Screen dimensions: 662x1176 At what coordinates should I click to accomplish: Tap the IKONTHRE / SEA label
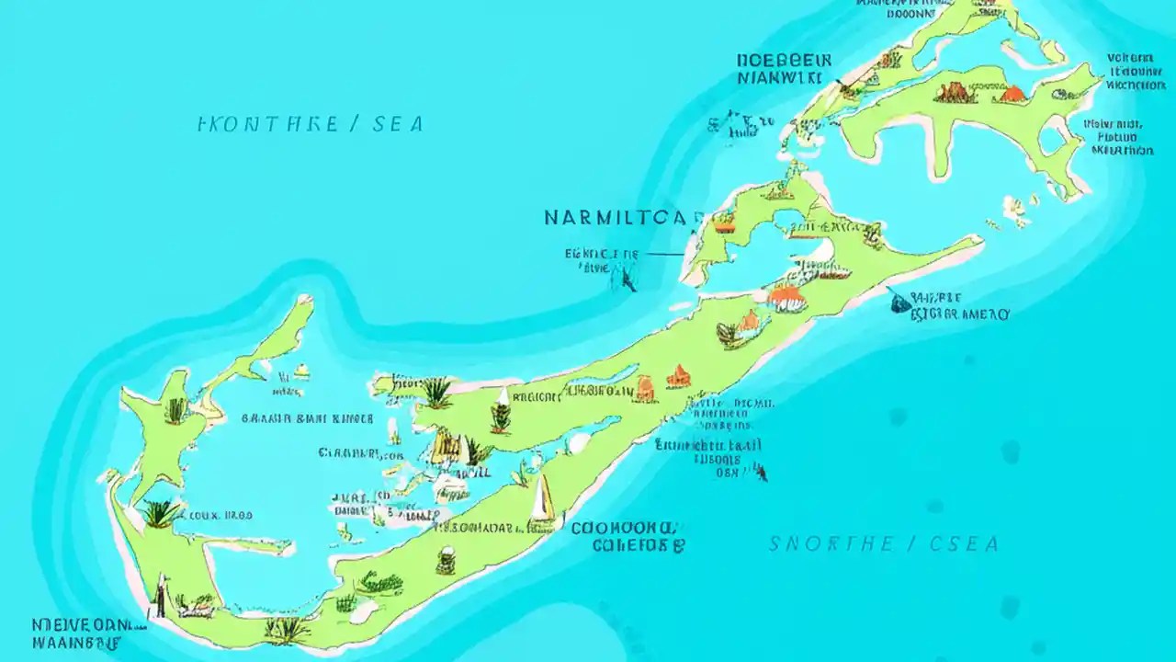(311, 124)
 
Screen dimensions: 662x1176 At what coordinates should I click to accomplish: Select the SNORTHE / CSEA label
(883, 544)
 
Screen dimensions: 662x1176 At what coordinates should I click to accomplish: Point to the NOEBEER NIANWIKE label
(784, 69)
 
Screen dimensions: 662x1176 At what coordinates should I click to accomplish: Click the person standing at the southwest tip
(160, 596)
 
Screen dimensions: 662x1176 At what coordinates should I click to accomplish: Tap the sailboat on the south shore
(543, 501)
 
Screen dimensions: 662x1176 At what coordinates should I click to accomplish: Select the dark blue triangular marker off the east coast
(898, 302)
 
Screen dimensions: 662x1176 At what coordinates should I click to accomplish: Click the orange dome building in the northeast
(1012, 93)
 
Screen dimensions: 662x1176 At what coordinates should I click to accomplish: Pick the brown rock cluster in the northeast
(954, 92)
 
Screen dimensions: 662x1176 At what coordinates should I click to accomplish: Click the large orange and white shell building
(786, 297)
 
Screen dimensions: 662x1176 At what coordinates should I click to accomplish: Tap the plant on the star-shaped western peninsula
(175, 410)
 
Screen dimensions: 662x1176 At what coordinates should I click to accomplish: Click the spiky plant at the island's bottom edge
(287, 629)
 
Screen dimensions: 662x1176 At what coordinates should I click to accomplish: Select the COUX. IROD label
(218, 516)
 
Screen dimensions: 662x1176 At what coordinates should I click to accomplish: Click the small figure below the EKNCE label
(628, 277)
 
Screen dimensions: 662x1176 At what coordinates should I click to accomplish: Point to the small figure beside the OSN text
(760, 473)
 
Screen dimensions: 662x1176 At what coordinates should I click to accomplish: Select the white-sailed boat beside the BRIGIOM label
(503, 397)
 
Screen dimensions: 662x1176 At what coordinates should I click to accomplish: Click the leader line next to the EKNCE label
(663, 254)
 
